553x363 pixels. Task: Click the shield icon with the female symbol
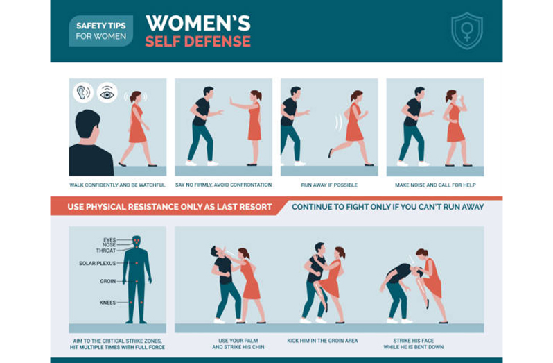point(467,31)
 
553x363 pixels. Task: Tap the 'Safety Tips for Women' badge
point(101,31)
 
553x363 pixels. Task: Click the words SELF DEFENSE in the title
point(198,42)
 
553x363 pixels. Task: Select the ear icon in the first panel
point(83,92)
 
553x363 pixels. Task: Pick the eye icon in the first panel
point(107,92)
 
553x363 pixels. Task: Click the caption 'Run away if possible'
point(329,185)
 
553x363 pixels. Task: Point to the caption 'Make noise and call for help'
point(435,185)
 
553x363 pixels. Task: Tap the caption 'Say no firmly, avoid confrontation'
point(223,185)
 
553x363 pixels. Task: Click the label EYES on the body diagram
point(109,240)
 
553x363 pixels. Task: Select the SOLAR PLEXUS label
point(97,263)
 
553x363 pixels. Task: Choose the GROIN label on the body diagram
point(108,281)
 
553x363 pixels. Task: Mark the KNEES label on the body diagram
point(107,302)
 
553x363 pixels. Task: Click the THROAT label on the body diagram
point(106,251)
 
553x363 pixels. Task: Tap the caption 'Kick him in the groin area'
point(322,341)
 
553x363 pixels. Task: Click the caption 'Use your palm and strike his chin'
point(238,344)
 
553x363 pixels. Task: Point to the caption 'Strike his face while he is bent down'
point(414,344)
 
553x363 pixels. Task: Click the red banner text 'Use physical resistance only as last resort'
point(170,207)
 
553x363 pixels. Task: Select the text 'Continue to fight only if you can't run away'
point(387,207)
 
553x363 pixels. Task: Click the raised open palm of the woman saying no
point(232,101)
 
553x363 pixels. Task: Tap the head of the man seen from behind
point(87,124)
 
